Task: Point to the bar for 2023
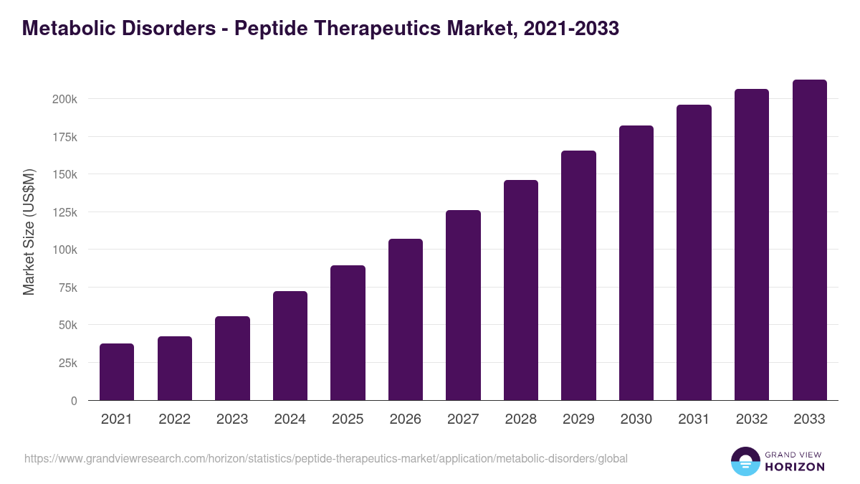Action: pos(232,358)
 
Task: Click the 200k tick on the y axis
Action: pos(64,99)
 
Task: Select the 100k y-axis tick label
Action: pos(64,250)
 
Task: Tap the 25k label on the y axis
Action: pos(67,363)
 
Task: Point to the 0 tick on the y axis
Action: pos(74,401)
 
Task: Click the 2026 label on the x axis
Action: pos(406,419)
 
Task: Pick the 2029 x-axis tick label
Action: pos(578,419)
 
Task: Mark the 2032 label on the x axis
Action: pos(752,419)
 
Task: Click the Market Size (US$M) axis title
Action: pos(29,232)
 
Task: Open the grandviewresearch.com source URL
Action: pos(325,458)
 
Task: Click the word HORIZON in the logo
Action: pos(795,467)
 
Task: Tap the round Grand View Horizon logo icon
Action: pos(745,461)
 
